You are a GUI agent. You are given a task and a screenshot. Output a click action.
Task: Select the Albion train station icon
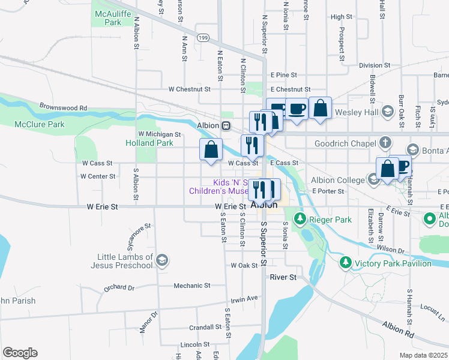point(226,126)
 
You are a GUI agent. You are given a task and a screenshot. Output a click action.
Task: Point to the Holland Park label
point(149,143)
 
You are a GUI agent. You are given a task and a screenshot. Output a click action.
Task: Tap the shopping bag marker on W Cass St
point(211,150)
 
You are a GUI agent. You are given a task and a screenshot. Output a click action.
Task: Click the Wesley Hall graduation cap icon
point(388,111)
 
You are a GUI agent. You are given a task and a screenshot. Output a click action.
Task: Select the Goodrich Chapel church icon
point(385,143)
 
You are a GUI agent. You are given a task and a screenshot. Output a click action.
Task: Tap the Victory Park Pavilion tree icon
point(345,263)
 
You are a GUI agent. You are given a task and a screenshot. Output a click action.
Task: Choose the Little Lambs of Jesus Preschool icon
point(162,260)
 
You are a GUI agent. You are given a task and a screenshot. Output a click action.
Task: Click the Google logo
point(20,353)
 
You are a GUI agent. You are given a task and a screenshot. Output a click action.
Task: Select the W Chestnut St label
point(189,89)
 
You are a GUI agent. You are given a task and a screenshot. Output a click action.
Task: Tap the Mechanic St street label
point(191,286)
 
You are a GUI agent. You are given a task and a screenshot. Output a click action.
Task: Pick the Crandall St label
point(205,328)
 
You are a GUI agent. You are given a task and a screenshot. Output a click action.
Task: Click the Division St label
point(375,65)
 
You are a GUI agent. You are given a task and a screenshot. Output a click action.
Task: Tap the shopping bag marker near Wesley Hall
point(321,109)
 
